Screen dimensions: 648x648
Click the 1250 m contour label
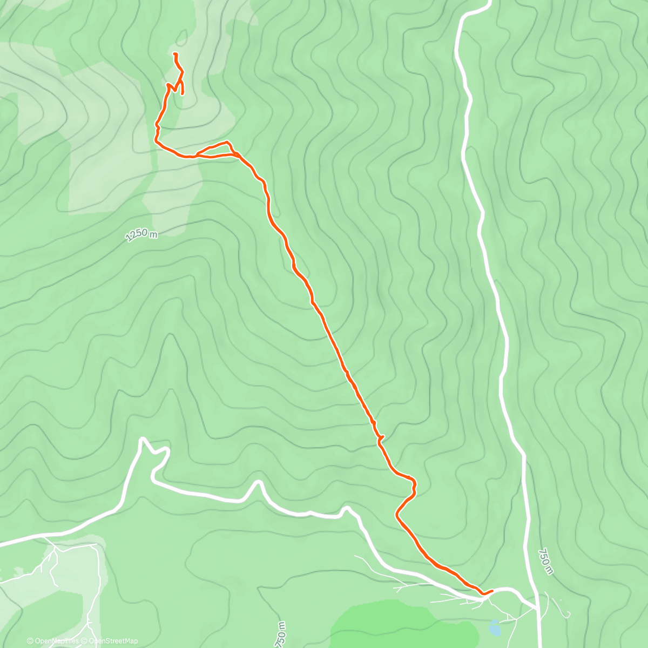(x=141, y=234)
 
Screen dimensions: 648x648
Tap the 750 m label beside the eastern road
(x=545, y=562)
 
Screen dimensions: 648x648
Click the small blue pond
(x=494, y=627)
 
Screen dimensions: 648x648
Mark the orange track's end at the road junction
(x=492, y=591)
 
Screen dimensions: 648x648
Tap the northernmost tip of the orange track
(x=174, y=53)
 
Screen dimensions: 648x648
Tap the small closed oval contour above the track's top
(x=181, y=38)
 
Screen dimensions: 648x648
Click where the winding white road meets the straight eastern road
(x=537, y=607)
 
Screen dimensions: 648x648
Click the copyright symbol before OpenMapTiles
(x=30, y=641)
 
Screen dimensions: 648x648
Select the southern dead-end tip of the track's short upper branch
(x=183, y=93)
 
